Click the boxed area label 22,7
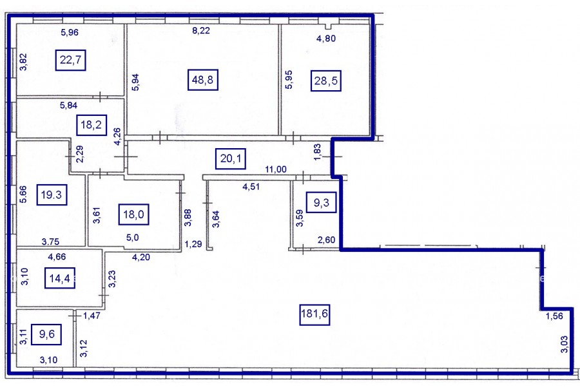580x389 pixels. tap(71, 60)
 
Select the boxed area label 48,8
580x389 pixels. tap(203, 79)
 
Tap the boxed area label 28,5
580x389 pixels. tap(326, 81)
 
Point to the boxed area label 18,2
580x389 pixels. tap(92, 125)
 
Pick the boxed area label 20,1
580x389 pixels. tap(231, 158)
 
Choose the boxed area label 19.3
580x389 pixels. tap(52, 194)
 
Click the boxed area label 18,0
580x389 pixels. tap(133, 214)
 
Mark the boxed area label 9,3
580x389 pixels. tap(322, 202)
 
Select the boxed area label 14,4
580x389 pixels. tap(60, 278)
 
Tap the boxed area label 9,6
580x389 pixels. tap(46, 334)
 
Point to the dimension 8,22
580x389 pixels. tap(201, 31)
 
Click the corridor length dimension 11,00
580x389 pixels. tap(276, 169)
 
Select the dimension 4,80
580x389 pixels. tap(326, 38)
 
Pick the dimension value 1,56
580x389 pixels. tap(554, 316)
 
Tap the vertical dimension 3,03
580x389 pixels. tap(564, 344)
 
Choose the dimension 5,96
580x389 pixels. tap(70, 32)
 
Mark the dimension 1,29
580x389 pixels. tap(193, 244)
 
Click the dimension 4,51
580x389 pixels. tap(251, 187)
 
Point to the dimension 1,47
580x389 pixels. tap(92, 316)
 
